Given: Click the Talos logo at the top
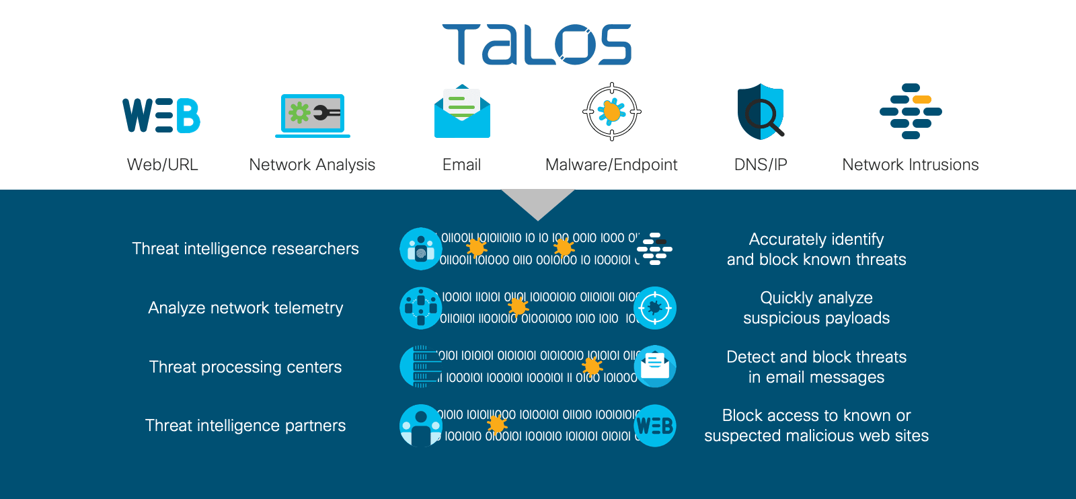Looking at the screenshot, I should [537, 44].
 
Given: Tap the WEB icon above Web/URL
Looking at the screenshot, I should [161, 115].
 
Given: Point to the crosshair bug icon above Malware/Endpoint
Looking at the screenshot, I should [611, 112].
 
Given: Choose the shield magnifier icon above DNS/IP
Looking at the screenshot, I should [761, 112].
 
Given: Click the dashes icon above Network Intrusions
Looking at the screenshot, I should [911, 112].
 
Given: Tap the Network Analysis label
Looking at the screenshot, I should [312, 165].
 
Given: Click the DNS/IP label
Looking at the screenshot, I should [761, 165].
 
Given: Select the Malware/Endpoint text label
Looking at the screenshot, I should [611, 165].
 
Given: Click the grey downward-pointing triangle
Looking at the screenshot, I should [538, 202].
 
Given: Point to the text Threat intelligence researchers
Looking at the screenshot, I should [245, 249].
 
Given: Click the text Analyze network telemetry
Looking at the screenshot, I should [245, 308].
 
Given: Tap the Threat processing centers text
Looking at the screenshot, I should [245, 367].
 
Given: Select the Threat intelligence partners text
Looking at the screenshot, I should [245, 426].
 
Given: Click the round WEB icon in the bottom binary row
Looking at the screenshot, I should [654, 426].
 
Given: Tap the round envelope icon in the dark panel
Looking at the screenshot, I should [654, 367].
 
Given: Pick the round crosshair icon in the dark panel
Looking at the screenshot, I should [654, 308].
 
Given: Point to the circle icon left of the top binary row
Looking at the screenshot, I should [421, 249].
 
